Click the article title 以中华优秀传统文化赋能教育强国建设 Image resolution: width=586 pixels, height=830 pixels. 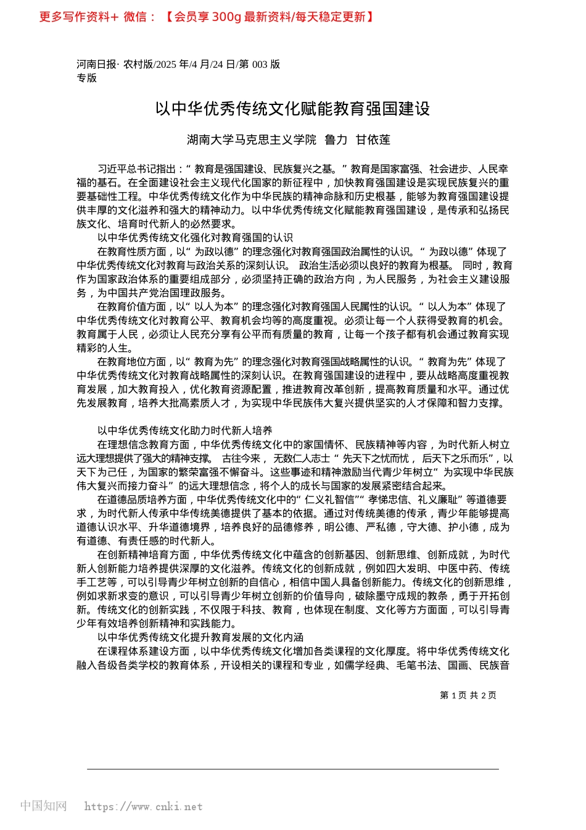292,109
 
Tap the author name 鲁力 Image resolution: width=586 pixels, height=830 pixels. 336,140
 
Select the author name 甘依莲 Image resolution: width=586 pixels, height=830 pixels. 373,140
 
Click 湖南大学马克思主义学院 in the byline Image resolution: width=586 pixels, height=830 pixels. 252,140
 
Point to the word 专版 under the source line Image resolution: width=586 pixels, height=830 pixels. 87,78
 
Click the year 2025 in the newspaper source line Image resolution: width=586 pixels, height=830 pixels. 167,64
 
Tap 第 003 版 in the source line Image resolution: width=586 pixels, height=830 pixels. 259,64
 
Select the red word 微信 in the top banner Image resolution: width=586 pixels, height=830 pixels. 136,17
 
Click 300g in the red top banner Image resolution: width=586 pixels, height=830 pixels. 226,17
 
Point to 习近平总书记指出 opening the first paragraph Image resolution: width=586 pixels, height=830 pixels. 137,169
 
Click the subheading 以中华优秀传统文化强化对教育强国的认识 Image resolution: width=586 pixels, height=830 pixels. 195,238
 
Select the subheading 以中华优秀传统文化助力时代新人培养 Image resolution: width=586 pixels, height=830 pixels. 184,430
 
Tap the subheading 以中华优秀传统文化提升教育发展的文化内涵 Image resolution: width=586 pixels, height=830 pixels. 200,637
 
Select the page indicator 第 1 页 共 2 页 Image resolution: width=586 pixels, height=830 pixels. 468,695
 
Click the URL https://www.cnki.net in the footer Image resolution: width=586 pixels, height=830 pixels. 143,807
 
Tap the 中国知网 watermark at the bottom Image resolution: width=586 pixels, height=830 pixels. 43,806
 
